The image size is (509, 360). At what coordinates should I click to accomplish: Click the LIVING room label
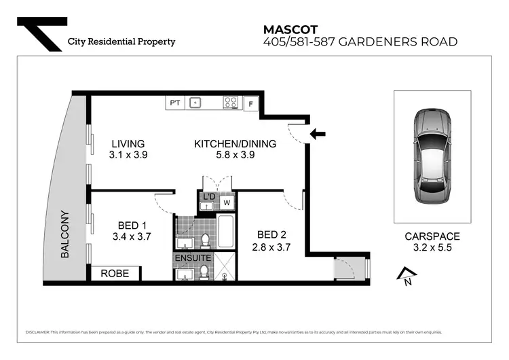point(128,144)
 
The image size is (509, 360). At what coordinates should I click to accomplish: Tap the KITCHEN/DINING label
point(235,144)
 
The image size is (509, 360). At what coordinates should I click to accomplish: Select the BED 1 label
point(132,226)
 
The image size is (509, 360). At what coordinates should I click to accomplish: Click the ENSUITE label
point(193,259)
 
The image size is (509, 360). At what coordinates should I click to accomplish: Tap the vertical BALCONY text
point(66,233)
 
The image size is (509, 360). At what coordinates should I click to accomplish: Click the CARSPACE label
point(432,236)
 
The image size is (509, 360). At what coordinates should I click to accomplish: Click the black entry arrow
point(317,134)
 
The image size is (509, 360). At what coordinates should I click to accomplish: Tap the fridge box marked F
point(250,104)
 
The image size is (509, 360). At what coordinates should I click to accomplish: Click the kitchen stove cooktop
point(231,103)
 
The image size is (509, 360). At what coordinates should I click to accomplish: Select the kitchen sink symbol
point(195,103)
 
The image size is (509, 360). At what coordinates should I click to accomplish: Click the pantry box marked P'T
point(175,103)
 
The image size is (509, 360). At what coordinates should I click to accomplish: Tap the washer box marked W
point(226,202)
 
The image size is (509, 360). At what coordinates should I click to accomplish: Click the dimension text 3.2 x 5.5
point(432,248)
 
